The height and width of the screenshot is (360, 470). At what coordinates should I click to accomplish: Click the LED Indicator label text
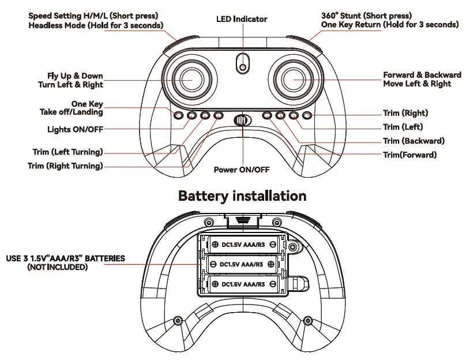242,19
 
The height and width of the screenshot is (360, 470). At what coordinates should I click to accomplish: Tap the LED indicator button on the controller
243,66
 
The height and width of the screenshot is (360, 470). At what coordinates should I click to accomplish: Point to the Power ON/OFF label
242,170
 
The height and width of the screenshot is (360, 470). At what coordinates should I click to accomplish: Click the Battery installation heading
242,196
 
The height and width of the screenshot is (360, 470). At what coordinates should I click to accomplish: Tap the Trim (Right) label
405,113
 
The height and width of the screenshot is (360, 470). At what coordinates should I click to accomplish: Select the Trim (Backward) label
413,141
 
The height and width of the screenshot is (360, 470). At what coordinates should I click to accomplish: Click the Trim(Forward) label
409,155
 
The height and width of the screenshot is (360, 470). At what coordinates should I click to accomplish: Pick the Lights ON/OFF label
75,129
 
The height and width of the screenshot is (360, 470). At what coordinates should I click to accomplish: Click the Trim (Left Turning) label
67,152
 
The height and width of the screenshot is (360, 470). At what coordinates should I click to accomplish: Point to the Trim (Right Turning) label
65,166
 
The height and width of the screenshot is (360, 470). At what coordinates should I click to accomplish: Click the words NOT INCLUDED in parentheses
58,267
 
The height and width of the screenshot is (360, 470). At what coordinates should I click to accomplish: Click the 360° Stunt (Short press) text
366,16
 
